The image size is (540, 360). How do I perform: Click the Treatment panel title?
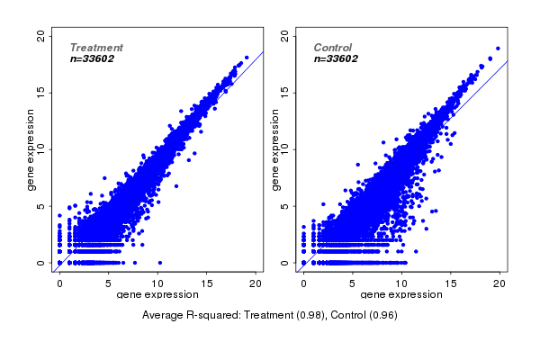[x=96, y=48]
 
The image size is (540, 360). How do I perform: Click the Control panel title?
[x=333, y=48]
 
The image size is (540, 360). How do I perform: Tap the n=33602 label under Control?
[x=336, y=58]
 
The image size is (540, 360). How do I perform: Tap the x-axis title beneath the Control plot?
[x=401, y=295]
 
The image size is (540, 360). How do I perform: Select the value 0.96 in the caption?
[x=382, y=316]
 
